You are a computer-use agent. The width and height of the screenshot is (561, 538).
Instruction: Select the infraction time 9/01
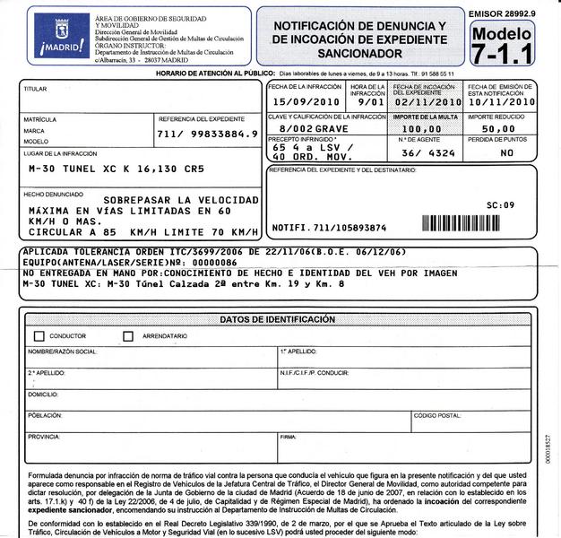(367, 102)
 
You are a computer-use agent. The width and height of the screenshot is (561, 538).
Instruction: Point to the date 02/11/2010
(427, 102)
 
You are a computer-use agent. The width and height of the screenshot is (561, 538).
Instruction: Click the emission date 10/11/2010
(502, 102)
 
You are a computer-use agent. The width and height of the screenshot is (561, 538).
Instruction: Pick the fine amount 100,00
(427, 128)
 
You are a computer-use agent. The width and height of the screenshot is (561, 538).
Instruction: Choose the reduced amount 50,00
(498, 128)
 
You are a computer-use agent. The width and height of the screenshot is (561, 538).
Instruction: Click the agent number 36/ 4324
(427, 152)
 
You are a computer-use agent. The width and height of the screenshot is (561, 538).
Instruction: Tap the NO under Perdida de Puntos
(507, 152)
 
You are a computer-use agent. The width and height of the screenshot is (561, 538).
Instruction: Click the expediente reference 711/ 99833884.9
(207, 134)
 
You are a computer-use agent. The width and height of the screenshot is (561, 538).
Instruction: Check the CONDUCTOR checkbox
(39, 336)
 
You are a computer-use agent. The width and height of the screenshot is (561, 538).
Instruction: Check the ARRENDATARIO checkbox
(129, 336)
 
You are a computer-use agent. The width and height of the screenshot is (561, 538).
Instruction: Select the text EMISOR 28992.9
(502, 13)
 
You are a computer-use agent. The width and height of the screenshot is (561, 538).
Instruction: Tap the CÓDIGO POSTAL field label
(437, 416)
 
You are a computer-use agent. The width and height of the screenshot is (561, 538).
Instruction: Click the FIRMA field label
(288, 437)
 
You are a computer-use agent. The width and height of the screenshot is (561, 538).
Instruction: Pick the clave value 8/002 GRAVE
(314, 128)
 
